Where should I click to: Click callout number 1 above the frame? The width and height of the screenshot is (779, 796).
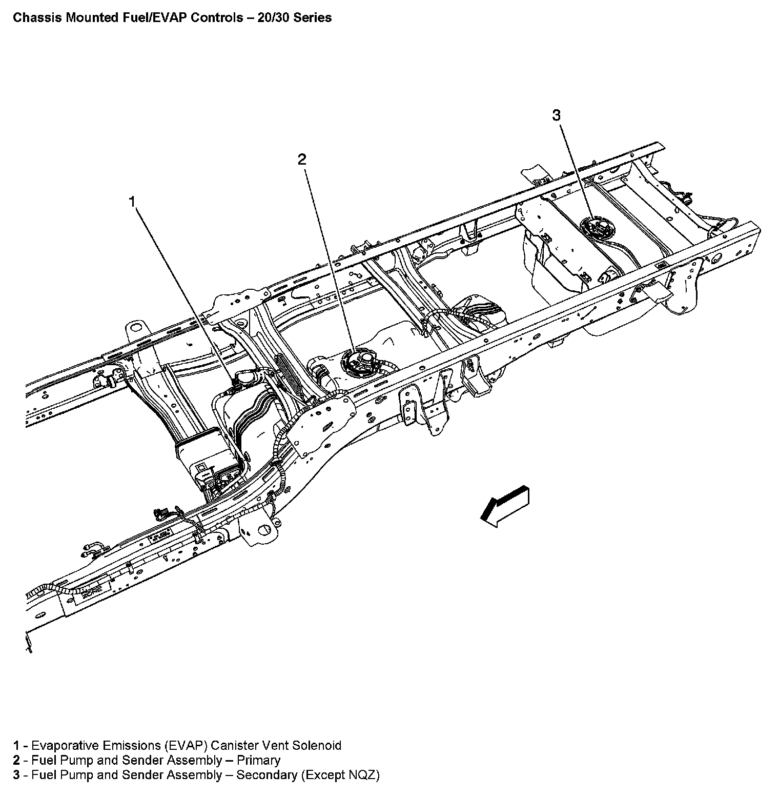(133, 202)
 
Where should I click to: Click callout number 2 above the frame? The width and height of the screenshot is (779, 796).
(302, 160)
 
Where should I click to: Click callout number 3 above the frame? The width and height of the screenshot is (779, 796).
(557, 115)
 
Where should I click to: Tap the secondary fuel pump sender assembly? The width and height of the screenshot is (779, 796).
(595, 228)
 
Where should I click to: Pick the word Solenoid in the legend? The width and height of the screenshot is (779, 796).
(317, 745)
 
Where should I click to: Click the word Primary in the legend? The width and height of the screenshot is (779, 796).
(259, 760)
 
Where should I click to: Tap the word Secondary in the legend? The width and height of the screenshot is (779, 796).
(266, 775)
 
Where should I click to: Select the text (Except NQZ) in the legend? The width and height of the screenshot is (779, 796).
(340, 775)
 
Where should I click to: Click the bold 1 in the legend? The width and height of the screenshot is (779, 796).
(16, 745)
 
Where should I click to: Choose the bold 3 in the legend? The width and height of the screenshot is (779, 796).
(16, 775)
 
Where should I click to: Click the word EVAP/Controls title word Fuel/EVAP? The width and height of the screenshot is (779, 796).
(165, 18)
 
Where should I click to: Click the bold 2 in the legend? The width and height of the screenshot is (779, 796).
(16, 760)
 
